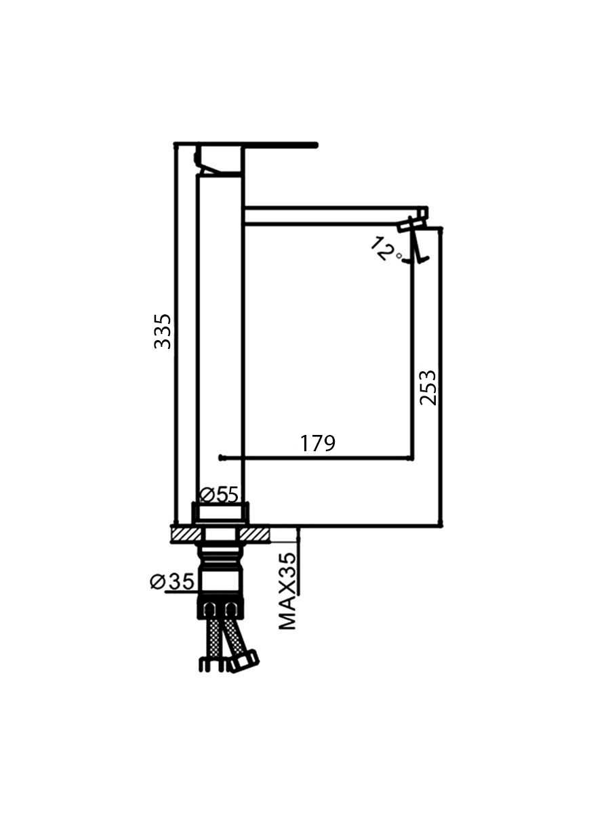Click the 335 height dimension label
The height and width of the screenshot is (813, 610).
163,331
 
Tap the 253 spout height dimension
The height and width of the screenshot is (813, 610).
428,388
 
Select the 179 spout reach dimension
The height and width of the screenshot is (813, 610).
317,443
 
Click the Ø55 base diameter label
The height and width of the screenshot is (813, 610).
219,495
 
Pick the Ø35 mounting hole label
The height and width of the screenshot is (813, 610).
172,581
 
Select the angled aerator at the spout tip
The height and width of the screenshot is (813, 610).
413,241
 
